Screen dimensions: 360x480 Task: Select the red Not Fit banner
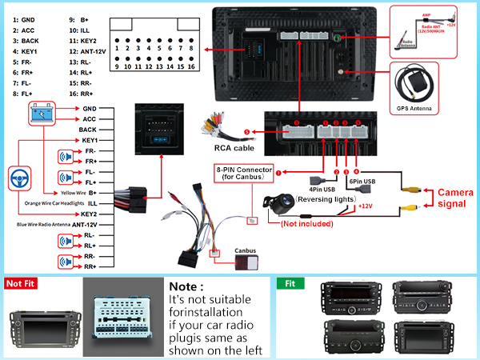[x=23, y=283]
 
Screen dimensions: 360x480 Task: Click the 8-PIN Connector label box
[x=244, y=172]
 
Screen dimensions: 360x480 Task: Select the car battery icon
[x=42, y=114]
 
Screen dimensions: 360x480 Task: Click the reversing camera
[x=283, y=203]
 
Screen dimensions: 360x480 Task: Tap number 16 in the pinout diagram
[x=190, y=67]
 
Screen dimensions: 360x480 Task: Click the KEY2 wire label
[x=87, y=214]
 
